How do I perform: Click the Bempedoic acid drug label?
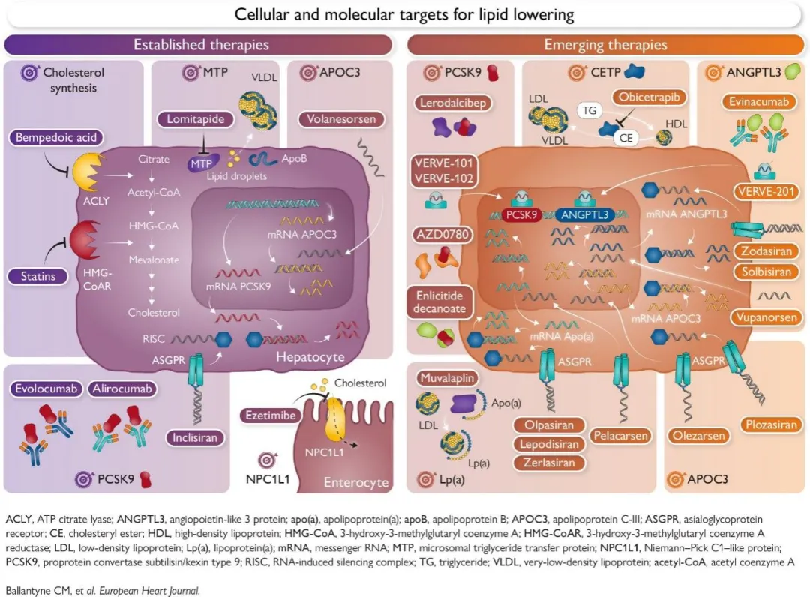point(55,137)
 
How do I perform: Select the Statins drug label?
point(37,276)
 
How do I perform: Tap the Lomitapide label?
point(195,119)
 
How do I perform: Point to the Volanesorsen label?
point(341,119)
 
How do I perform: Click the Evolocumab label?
point(46,388)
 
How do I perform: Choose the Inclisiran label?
point(195,437)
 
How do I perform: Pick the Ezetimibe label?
point(270,415)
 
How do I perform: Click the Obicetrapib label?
point(649,97)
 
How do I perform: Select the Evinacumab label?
point(758,101)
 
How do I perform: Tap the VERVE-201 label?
point(766,191)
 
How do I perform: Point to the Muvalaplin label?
point(447,378)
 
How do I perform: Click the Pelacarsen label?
point(620,436)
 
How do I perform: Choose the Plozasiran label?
point(771,424)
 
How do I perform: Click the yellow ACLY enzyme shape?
point(87,172)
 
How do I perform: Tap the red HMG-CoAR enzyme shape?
point(85,240)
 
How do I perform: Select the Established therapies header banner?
point(198,45)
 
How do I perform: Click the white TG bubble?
point(589,110)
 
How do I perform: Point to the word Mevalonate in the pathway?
point(154,259)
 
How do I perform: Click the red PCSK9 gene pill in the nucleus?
point(521,214)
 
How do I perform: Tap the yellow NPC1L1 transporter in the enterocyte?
point(334,419)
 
